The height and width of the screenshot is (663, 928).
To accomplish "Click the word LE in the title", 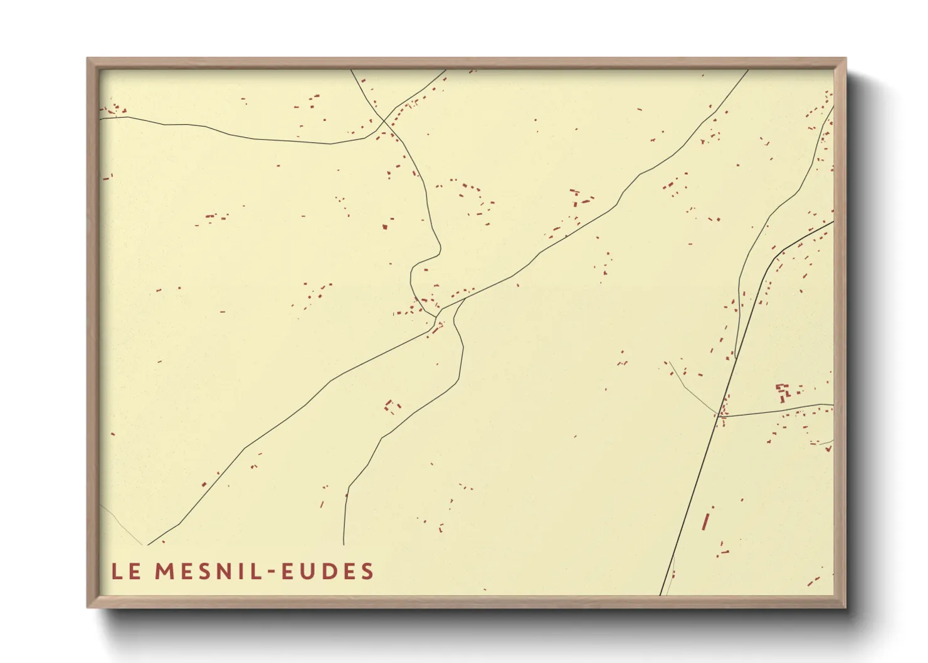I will click(125, 572).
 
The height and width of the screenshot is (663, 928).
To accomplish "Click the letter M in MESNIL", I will click(164, 572).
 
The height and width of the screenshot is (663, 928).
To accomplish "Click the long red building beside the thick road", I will click(705, 521).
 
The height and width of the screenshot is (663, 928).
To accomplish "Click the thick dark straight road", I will click(690, 501).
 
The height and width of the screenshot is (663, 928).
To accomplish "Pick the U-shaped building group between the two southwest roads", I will click(392, 407).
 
